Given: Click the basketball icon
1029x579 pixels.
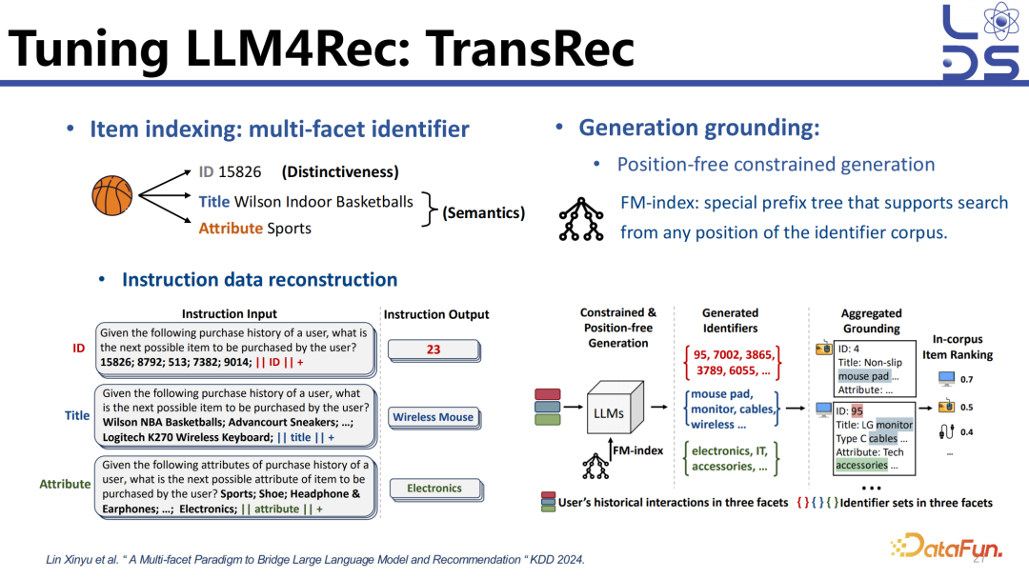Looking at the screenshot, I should click(x=111, y=195).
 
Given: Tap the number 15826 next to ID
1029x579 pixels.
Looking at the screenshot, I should click(x=239, y=172).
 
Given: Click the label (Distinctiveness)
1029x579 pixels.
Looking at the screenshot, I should click(x=340, y=172).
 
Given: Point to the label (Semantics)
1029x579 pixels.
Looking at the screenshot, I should click(x=483, y=212).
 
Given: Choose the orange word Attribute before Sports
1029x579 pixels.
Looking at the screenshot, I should click(x=230, y=229).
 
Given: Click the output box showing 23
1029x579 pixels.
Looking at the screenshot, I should click(x=434, y=349).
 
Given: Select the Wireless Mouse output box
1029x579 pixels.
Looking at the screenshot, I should click(x=434, y=417).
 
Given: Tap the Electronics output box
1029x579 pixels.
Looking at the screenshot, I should click(x=434, y=489).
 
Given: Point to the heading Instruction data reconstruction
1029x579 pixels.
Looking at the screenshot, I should click(x=259, y=279).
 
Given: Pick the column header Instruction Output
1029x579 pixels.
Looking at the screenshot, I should click(x=435, y=314).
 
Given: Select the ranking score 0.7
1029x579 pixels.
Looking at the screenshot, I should click(x=967, y=379).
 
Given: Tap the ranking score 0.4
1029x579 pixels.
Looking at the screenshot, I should click(x=967, y=432).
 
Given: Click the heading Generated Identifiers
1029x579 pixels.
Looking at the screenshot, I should click(x=730, y=320).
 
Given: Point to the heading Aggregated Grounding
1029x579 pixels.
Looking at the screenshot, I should click(x=871, y=320).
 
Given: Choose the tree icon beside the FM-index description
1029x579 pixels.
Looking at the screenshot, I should click(x=581, y=220).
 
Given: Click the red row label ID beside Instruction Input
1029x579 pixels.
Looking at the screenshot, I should click(x=79, y=349).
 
